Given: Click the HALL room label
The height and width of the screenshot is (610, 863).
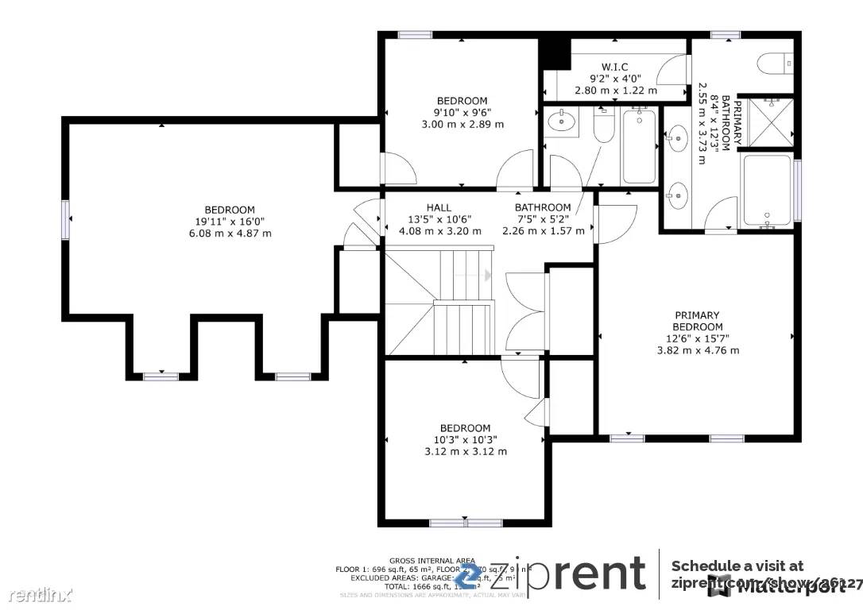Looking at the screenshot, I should click(x=439, y=207).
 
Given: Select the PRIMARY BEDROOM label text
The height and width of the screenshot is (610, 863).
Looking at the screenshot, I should click(x=698, y=321).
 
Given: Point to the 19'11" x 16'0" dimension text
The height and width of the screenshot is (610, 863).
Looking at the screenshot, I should click(x=229, y=222).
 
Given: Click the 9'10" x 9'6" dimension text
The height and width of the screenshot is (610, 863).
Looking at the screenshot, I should click(x=462, y=112).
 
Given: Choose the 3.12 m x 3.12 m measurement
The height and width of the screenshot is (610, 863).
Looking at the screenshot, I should click(x=465, y=451).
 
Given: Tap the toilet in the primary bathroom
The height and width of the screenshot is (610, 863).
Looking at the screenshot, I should click(x=775, y=62).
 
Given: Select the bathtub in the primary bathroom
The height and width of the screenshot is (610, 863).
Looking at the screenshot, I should click(x=767, y=190).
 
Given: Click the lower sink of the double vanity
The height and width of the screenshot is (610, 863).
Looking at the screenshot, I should click(x=678, y=195).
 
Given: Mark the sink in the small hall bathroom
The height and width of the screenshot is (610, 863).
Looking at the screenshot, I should click(x=563, y=122).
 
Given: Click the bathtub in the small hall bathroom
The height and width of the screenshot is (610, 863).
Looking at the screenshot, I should click(x=639, y=146).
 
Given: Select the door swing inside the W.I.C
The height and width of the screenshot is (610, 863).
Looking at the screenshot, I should click(x=673, y=71).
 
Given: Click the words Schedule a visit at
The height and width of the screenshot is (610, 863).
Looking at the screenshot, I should click(x=737, y=566).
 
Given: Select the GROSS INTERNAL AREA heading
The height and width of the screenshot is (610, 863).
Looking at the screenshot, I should click(x=422, y=560).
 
